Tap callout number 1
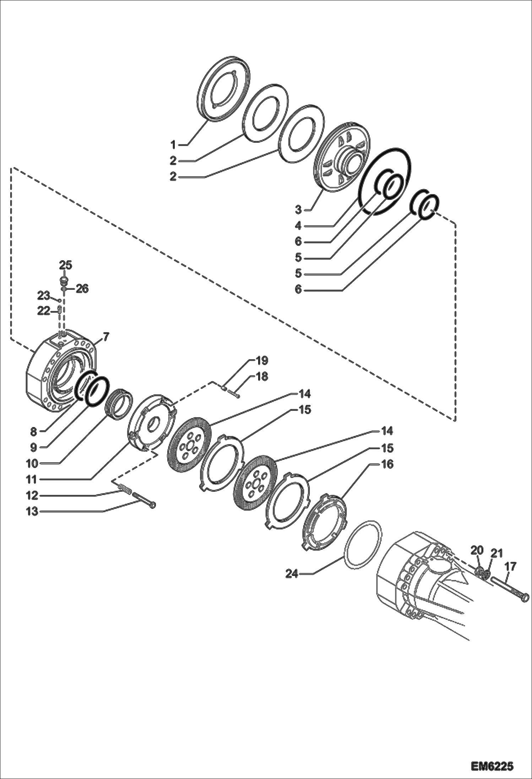[173, 145]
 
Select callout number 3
[298, 209]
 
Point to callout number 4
[298, 225]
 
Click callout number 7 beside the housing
[106, 336]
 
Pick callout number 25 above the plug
[65, 265]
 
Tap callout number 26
[82, 288]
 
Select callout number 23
[44, 295]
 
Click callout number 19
[262, 361]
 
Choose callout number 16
[387, 464]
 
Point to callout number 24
[292, 574]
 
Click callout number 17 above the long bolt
[510, 566]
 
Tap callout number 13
[32, 512]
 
